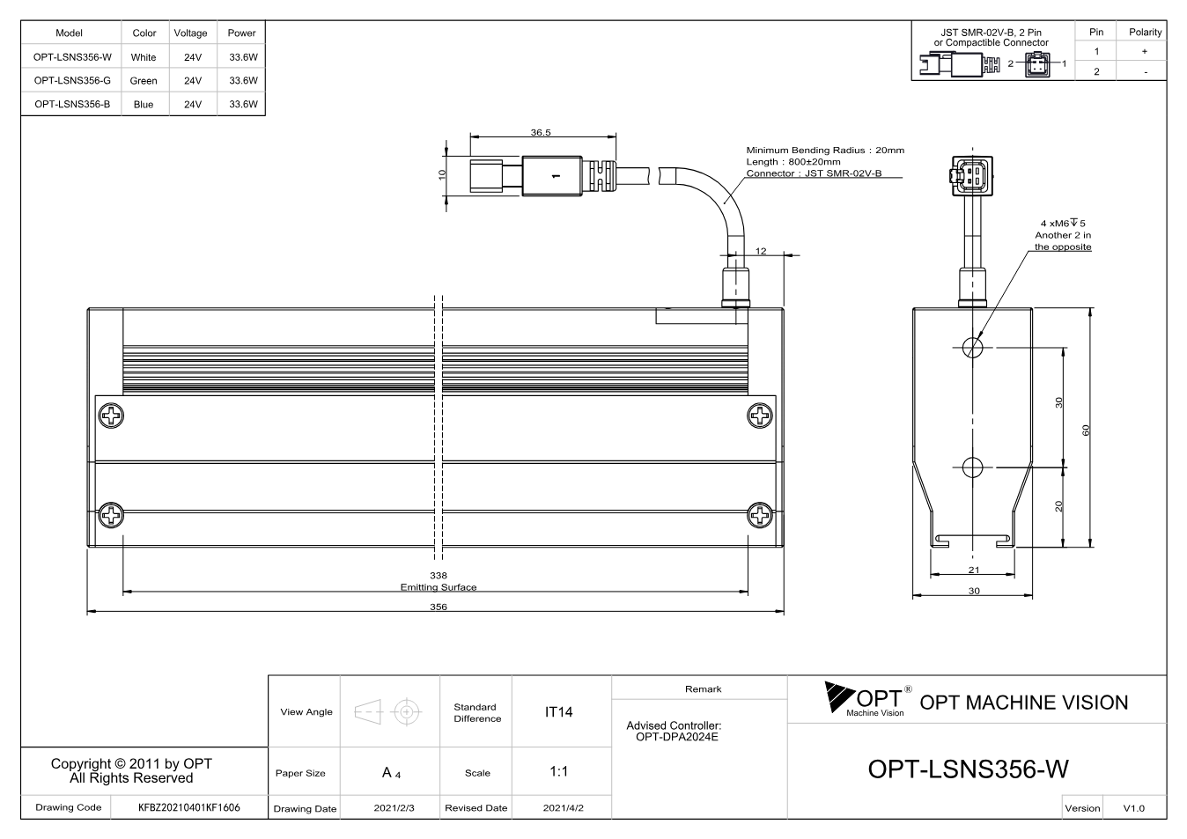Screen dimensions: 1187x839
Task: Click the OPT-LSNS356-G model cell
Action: (72, 80)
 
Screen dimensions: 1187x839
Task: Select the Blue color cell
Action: (144, 105)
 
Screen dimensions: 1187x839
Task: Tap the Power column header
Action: (241, 33)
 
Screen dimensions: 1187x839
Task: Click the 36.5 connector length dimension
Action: (541, 132)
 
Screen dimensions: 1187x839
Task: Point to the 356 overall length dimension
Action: (439, 607)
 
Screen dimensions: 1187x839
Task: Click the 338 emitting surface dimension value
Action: (439, 575)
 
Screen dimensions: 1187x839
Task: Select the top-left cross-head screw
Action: (111, 416)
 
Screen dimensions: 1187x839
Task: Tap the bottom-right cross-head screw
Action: (759, 515)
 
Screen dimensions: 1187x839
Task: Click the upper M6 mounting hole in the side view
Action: (972, 348)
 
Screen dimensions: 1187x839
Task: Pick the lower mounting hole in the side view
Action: (972, 467)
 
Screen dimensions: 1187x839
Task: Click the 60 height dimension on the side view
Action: (1086, 431)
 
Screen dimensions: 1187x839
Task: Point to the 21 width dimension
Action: (974, 570)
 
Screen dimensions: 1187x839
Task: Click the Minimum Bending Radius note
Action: (825, 151)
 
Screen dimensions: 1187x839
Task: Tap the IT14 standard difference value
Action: (558, 712)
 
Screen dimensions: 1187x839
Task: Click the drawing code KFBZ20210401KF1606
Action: (189, 807)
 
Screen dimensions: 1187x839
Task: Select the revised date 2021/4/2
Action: (563, 808)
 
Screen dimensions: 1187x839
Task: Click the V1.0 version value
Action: (1133, 808)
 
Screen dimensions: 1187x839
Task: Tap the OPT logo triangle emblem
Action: (839, 696)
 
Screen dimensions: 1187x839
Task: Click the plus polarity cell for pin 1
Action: (1145, 51)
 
